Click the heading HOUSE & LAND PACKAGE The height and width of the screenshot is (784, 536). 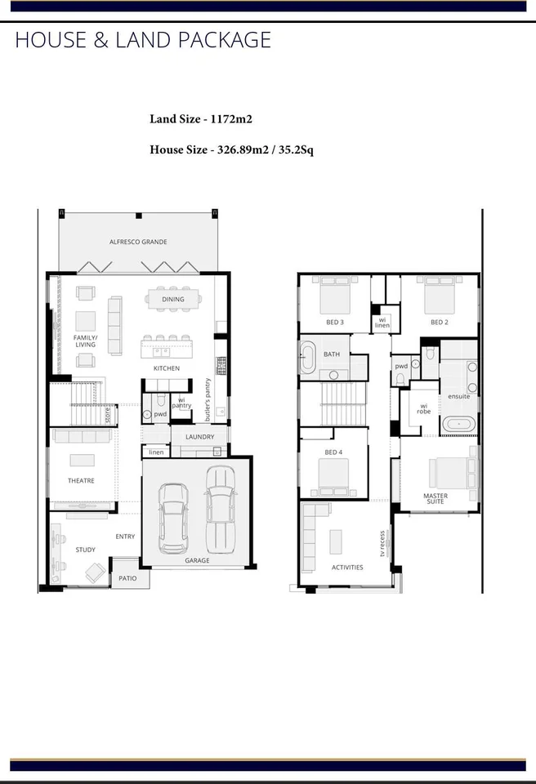click(143, 39)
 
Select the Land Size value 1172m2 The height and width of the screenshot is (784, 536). click(231, 119)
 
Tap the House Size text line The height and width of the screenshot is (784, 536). click(231, 149)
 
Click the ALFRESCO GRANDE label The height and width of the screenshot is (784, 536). click(138, 242)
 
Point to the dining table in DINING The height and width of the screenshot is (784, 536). click(172, 298)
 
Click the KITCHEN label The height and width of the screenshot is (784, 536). click(167, 368)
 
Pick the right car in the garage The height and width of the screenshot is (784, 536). click(221, 508)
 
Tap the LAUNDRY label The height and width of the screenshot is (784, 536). click(199, 437)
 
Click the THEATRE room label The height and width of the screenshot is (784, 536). click(81, 481)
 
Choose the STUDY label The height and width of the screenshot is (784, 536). click(86, 550)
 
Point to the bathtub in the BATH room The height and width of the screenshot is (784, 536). click(308, 358)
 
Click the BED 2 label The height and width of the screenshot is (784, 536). click(440, 322)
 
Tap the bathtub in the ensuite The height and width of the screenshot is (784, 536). click(458, 424)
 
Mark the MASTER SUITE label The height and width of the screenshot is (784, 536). click(435, 498)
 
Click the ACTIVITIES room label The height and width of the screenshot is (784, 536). click(347, 567)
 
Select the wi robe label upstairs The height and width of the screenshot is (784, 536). click(423, 408)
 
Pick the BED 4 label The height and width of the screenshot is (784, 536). click(333, 452)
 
